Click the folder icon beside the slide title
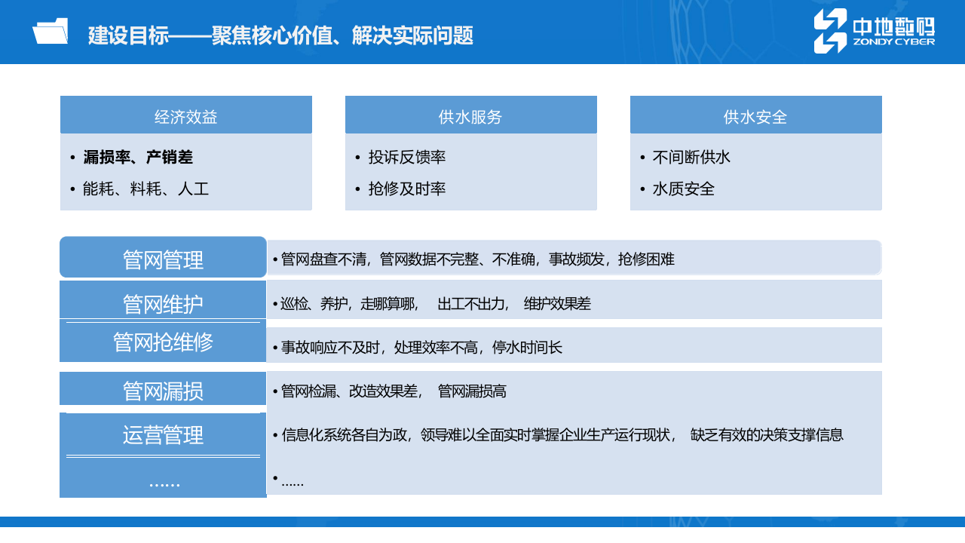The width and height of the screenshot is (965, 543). (50, 32)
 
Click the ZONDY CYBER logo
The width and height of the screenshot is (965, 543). (874, 32)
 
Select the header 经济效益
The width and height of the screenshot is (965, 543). (186, 116)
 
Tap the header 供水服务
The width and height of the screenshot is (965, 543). (470, 116)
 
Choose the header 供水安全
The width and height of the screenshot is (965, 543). (755, 116)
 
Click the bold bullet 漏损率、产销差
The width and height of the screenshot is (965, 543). (138, 158)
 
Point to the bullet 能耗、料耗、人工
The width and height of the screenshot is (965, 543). (146, 189)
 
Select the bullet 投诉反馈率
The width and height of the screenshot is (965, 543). (407, 158)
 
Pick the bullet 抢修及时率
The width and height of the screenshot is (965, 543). (407, 189)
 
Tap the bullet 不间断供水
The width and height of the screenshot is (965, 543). (691, 158)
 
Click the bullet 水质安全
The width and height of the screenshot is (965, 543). (683, 189)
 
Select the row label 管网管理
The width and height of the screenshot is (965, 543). (163, 260)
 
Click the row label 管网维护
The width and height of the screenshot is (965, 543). (163, 304)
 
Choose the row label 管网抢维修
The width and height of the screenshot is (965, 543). (163, 342)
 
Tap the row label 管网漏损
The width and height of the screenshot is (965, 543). (163, 391)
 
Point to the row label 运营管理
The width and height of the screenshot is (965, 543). (163, 435)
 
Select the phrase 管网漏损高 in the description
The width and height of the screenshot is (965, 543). (472, 391)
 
